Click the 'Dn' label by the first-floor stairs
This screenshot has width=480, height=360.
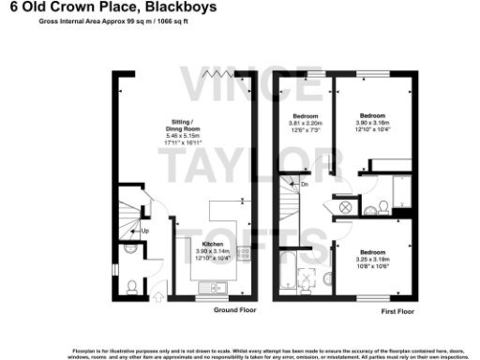point(305,184)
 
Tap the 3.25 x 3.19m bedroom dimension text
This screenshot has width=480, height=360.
point(373,258)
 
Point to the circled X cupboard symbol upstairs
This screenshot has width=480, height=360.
point(345,206)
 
